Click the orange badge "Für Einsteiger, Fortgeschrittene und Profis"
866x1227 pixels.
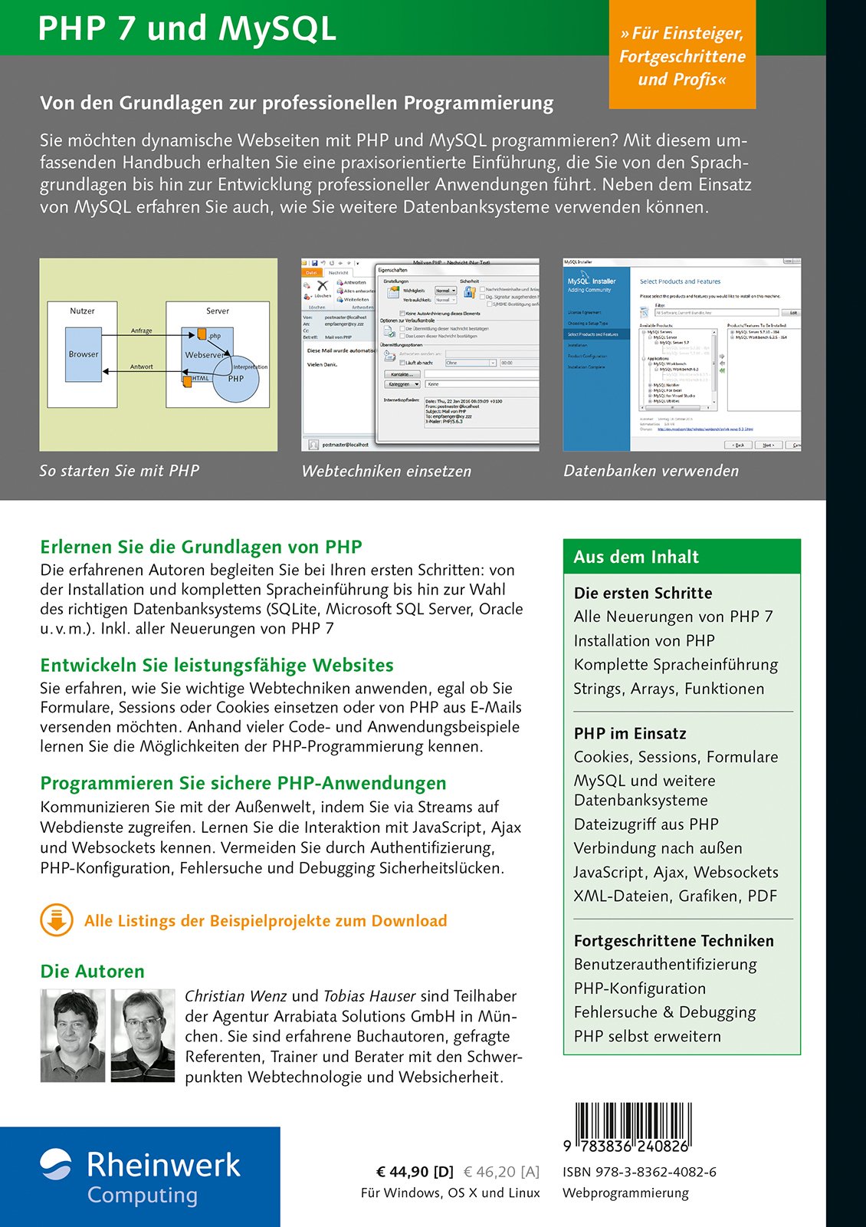click(x=682, y=56)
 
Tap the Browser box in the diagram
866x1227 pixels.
click(x=84, y=354)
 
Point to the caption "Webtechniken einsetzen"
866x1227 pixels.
click(x=386, y=471)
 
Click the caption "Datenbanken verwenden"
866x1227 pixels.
click(x=651, y=471)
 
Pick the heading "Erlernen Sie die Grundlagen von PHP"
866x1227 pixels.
click(x=201, y=547)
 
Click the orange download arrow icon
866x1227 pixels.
click(x=57, y=920)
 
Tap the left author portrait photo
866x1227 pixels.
click(x=73, y=1035)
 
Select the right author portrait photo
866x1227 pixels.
click(x=143, y=1035)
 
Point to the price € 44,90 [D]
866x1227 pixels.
click(x=415, y=1172)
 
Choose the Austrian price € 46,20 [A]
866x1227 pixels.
click(x=501, y=1172)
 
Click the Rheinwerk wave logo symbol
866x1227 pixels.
click(x=55, y=1163)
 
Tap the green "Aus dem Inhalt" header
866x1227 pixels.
click(x=681, y=557)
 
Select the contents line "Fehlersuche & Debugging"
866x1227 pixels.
click(x=664, y=1012)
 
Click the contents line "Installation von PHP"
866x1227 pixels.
click(x=644, y=640)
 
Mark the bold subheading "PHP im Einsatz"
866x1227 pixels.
click(x=630, y=733)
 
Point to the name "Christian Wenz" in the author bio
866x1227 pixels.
click(x=235, y=996)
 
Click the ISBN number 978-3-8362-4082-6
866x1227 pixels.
click(x=639, y=1172)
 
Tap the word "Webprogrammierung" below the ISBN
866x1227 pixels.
click(x=625, y=1193)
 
